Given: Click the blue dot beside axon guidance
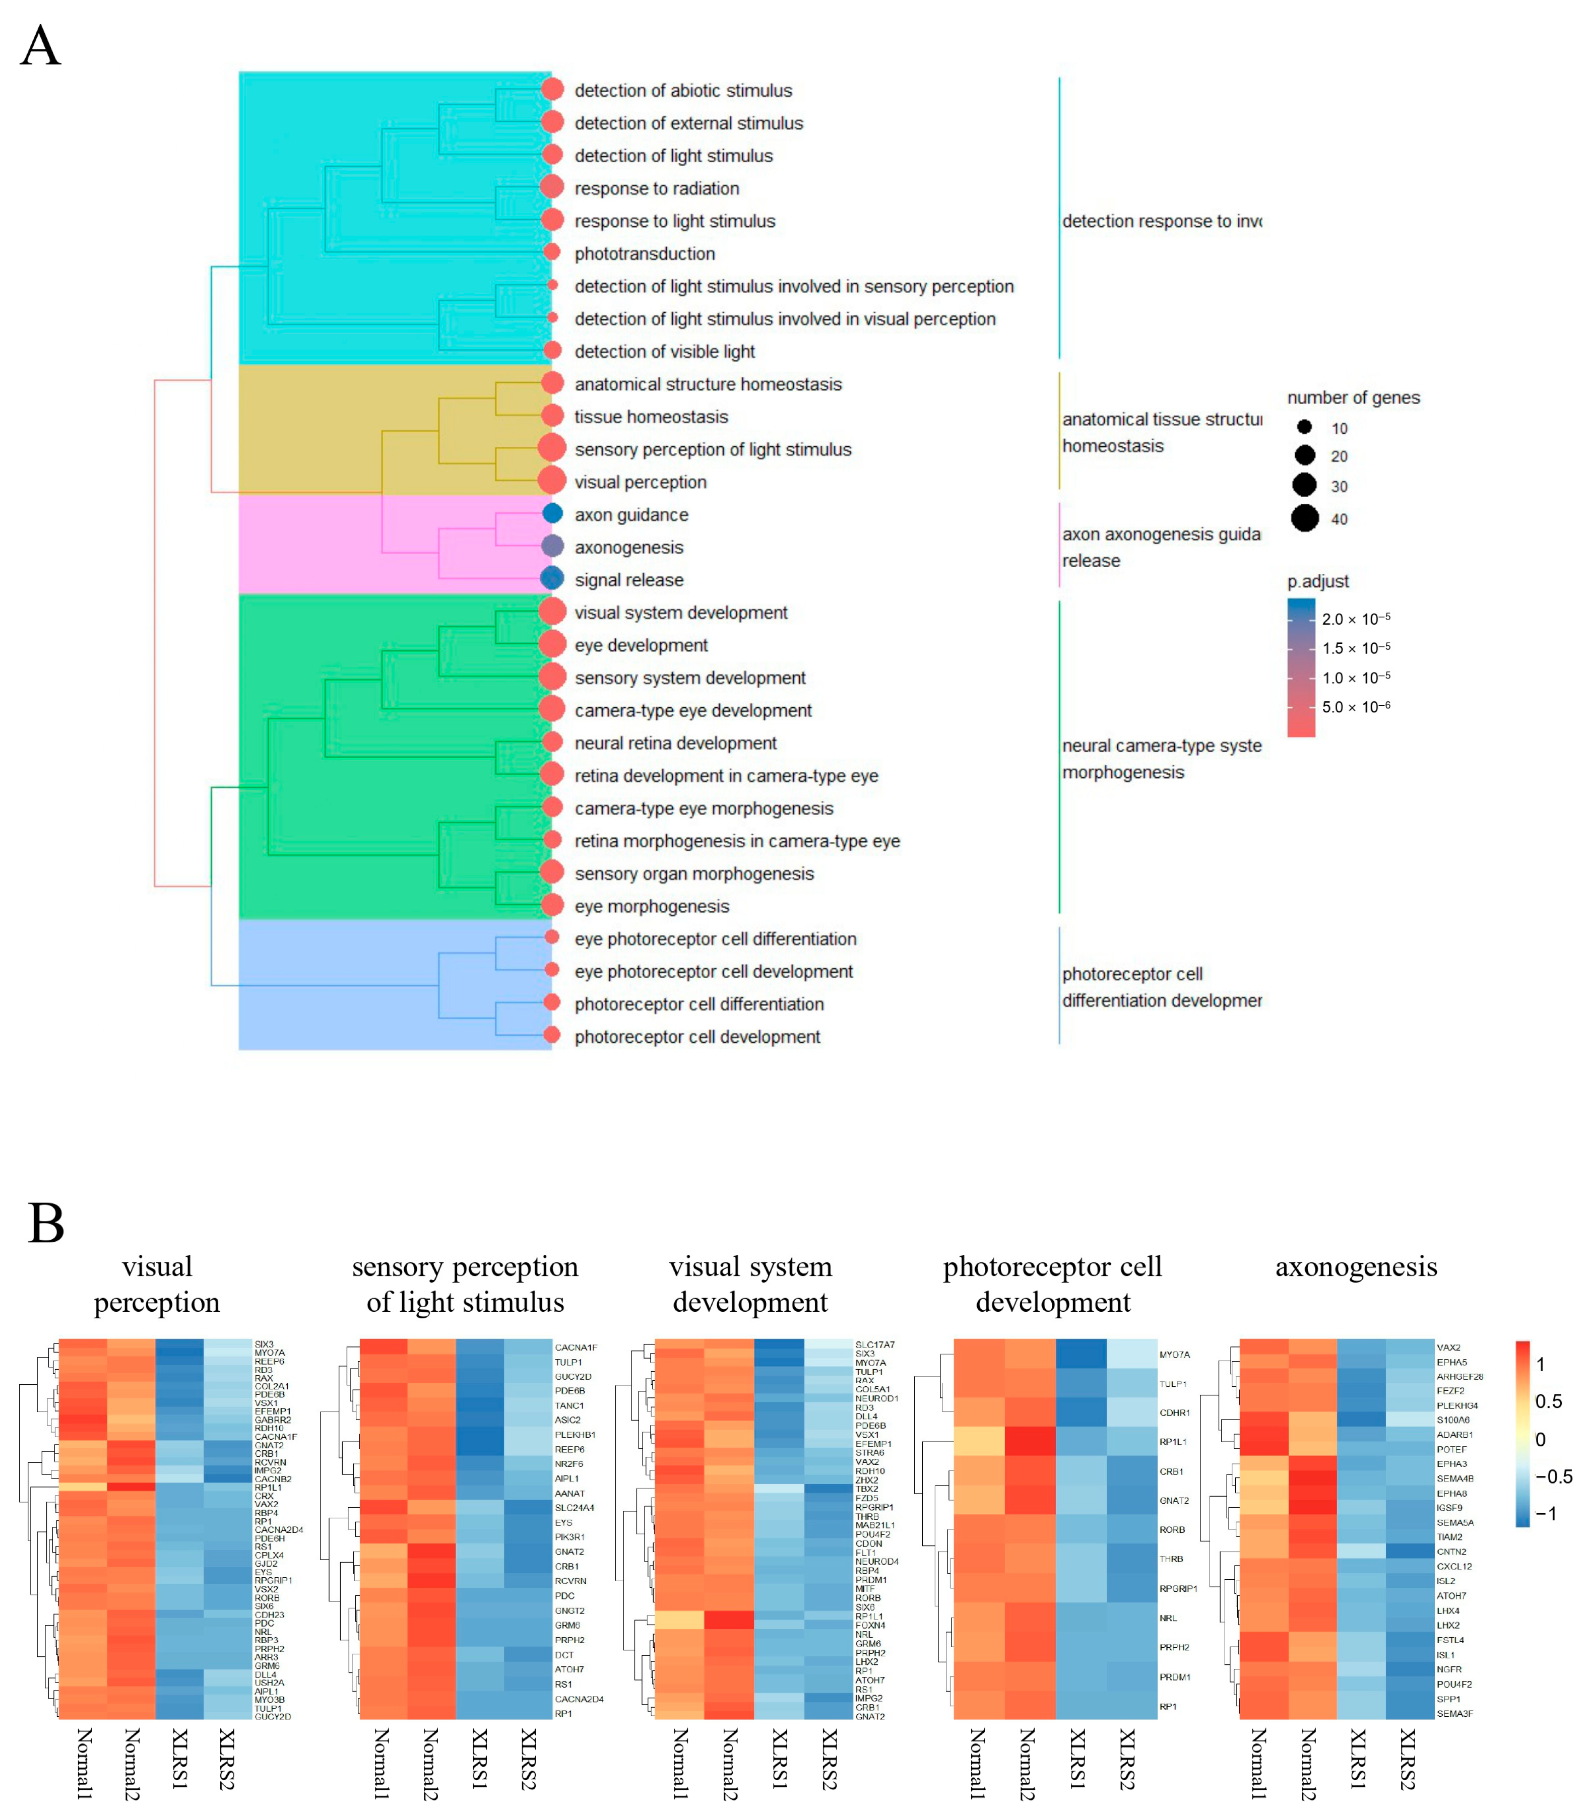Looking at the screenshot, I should (552, 513).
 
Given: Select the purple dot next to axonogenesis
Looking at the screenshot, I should (552, 546).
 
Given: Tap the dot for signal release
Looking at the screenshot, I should (552, 579).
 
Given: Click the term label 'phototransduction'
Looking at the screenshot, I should (644, 254).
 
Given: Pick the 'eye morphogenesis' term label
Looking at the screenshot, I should (652, 906).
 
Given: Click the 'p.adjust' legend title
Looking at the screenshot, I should (1318, 581).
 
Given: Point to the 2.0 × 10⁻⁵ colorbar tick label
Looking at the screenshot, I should (1356, 619).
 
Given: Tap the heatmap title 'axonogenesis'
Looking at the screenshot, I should (1356, 1267).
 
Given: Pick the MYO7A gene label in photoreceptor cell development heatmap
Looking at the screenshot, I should (1174, 1355).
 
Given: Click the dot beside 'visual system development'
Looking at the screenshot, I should (552, 612).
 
